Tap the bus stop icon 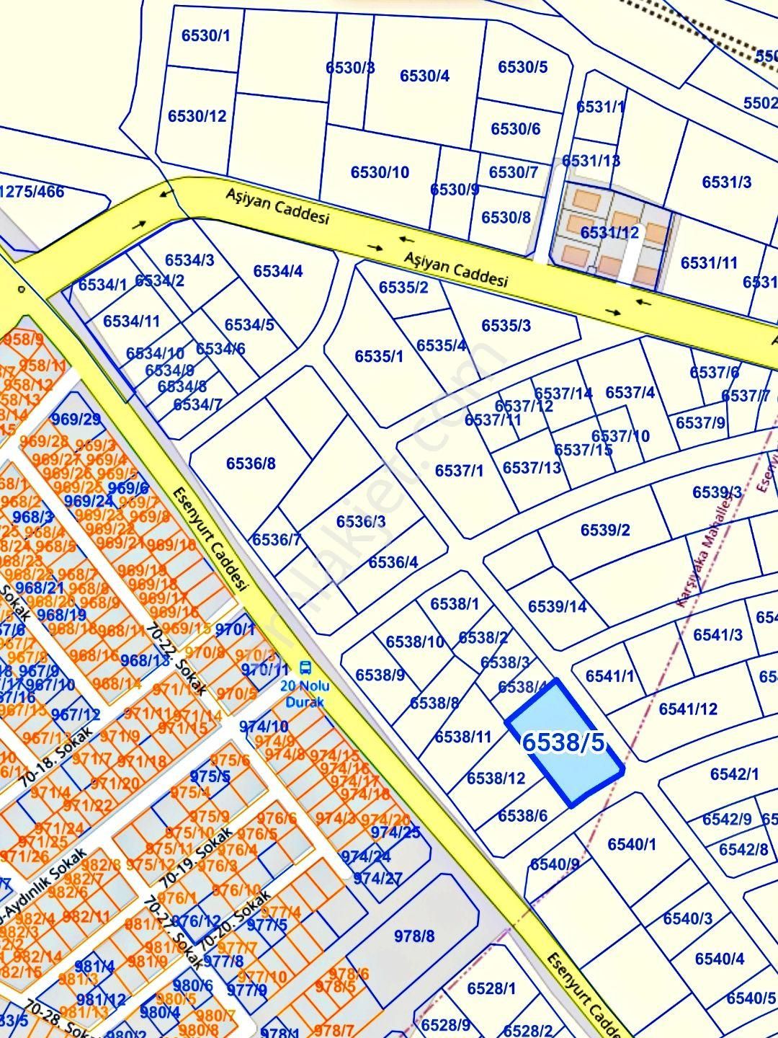(305, 667)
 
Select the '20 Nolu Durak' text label (305, 693)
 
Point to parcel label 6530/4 (424, 76)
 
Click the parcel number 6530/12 (197, 116)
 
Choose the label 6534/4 (278, 271)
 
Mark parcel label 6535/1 (379, 356)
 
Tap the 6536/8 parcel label (251, 463)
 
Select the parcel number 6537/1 (459, 471)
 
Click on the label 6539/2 (605, 531)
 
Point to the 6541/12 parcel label (688, 709)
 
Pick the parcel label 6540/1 (632, 844)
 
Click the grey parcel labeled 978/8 (414, 936)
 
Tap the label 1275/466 (32, 192)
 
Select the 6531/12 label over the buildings (609, 232)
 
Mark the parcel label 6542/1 (734, 774)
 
